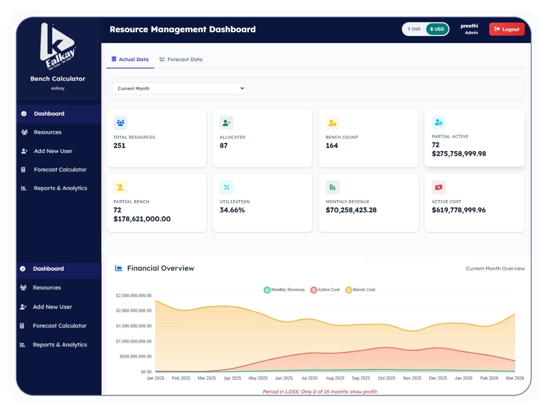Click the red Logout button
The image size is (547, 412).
coord(507,29)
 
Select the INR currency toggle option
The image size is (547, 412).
coord(414,29)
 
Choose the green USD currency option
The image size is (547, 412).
coord(437,29)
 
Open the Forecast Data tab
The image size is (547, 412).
coord(181,59)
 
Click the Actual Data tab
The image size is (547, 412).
coord(130,59)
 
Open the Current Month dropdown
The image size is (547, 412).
coord(179,88)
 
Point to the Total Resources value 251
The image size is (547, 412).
coord(119,146)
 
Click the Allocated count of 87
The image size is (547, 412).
coord(224,146)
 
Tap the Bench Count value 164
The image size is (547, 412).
coord(332,146)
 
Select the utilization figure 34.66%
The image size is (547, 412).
coord(232,210)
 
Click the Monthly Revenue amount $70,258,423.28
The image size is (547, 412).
coord(351,210)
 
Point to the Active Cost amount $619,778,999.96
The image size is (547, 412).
coord(459,210)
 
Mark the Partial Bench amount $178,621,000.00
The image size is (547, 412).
coord(142,219)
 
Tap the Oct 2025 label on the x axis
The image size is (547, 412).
coord(386,378)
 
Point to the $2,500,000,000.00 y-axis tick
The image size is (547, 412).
coord(134,295)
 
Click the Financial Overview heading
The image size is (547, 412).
coord(160,268)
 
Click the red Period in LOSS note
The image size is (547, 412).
coord(320,392)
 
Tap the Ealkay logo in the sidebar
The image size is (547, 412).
coord(58,46)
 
